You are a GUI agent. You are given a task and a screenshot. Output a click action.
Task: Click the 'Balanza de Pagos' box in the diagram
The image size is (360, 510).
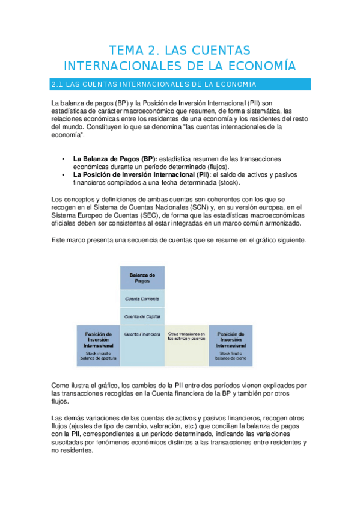point(142,277)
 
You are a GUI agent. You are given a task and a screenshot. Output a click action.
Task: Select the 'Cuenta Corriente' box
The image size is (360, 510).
point(142,298)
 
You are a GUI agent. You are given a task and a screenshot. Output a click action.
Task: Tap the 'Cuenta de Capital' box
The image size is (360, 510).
point(142,316)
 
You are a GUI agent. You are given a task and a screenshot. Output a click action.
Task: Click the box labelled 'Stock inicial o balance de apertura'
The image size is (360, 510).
point(98,345)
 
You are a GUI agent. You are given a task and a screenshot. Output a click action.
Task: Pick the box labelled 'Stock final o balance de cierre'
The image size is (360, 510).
point(230,345)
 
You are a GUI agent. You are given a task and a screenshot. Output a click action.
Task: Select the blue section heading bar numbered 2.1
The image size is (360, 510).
point(180,84)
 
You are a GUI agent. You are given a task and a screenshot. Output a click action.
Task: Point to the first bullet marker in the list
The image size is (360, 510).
point(63,158)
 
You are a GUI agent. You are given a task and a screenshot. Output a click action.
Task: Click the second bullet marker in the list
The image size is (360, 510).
point(63,174)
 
